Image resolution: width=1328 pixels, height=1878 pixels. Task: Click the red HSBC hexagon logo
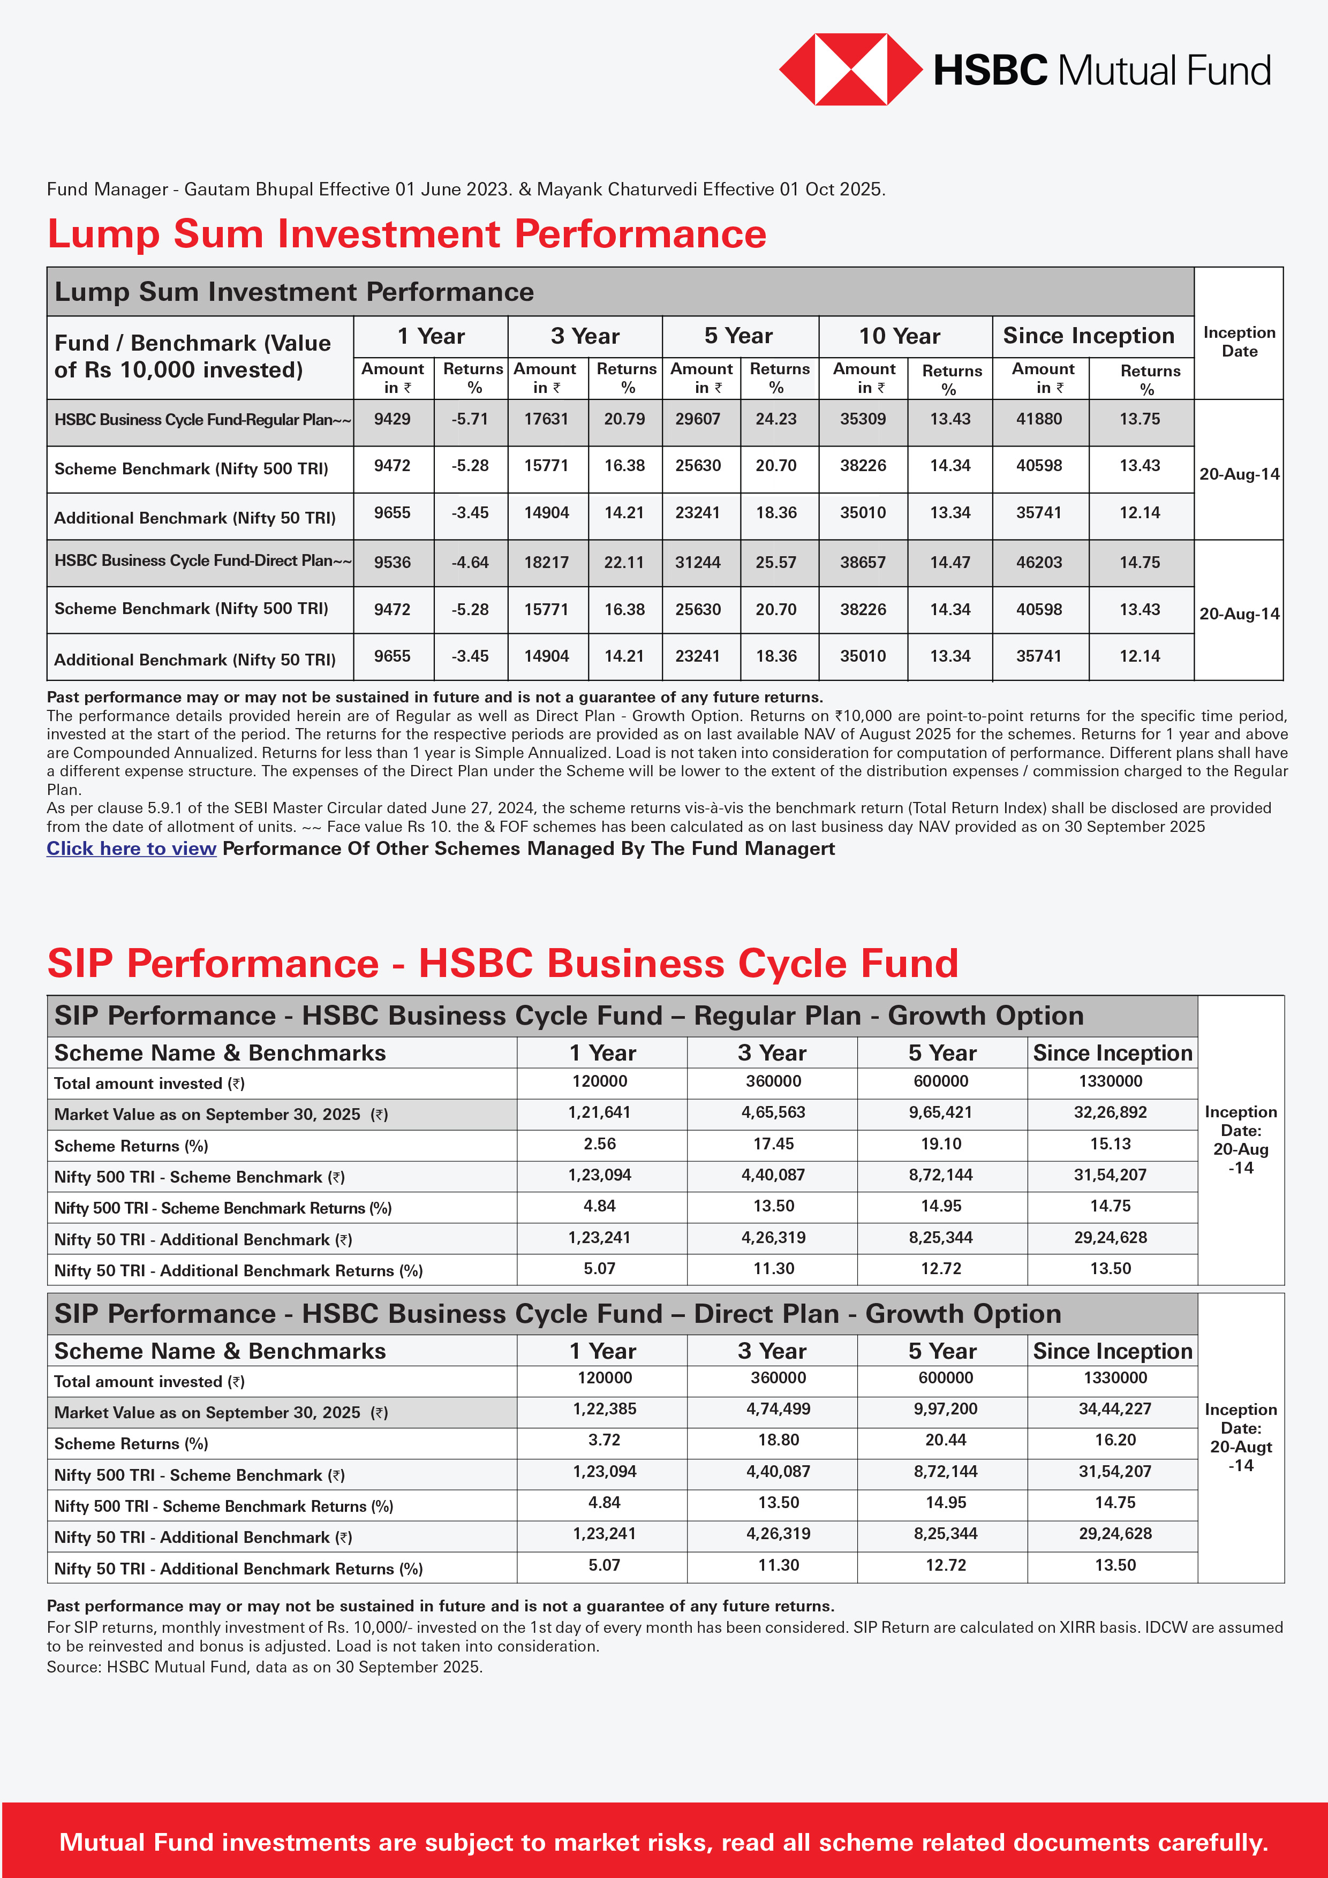click(x=850, y=70)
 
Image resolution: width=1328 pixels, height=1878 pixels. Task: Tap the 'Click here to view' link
click(x=131, y=848)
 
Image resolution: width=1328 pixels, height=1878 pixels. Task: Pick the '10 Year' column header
click(x=899, y=336)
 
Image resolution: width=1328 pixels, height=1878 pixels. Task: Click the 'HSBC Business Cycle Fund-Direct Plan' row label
click(x=202, y=561)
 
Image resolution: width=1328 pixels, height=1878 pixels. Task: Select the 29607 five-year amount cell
click(x=697, y=419)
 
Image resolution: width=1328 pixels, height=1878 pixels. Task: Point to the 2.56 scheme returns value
click(x=600, y=1144)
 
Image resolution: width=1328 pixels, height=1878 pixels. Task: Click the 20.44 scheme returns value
click(x=945, y=1440)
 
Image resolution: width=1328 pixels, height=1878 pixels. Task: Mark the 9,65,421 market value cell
click(x=940, y=1112)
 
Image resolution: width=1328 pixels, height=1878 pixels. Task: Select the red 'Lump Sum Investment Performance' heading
click(x=406, y=234)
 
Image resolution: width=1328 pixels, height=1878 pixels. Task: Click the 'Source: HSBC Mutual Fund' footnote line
click(x=265, y=1666)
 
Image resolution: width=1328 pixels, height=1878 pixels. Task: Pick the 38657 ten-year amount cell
click(x=863, y=562)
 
